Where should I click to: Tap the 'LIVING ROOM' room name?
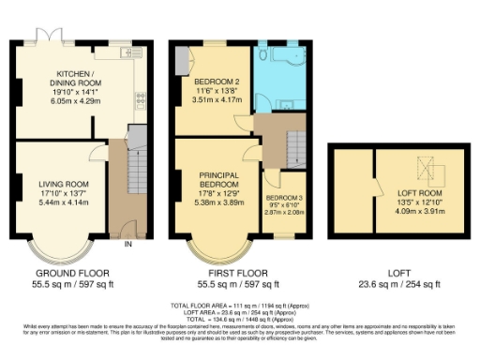click(63, 183)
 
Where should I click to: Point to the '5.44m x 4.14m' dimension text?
click(63, 203)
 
